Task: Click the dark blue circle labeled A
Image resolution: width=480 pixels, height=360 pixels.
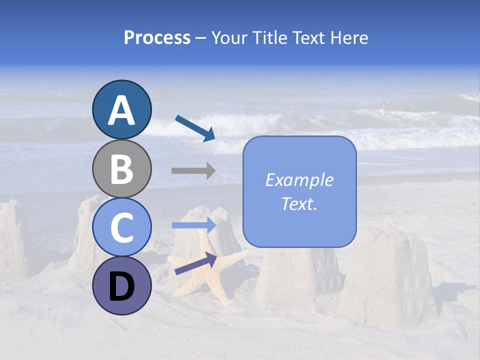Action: (122, 109)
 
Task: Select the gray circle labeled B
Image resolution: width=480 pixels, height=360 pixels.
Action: (122, 168)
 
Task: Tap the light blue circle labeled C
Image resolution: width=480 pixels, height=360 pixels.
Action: (122, 227)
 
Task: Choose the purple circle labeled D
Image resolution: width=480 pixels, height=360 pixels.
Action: (122, 285)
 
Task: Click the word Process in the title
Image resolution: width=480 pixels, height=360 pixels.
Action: (157, 38)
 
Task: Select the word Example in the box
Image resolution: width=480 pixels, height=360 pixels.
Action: (299, 180)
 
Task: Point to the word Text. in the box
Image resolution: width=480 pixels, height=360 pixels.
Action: (299, 204)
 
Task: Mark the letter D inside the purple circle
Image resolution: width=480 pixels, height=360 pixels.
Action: (122, 286)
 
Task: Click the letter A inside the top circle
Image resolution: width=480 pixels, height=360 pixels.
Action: (122, 110)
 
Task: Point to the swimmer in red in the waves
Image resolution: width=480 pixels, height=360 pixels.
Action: (384, 105)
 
